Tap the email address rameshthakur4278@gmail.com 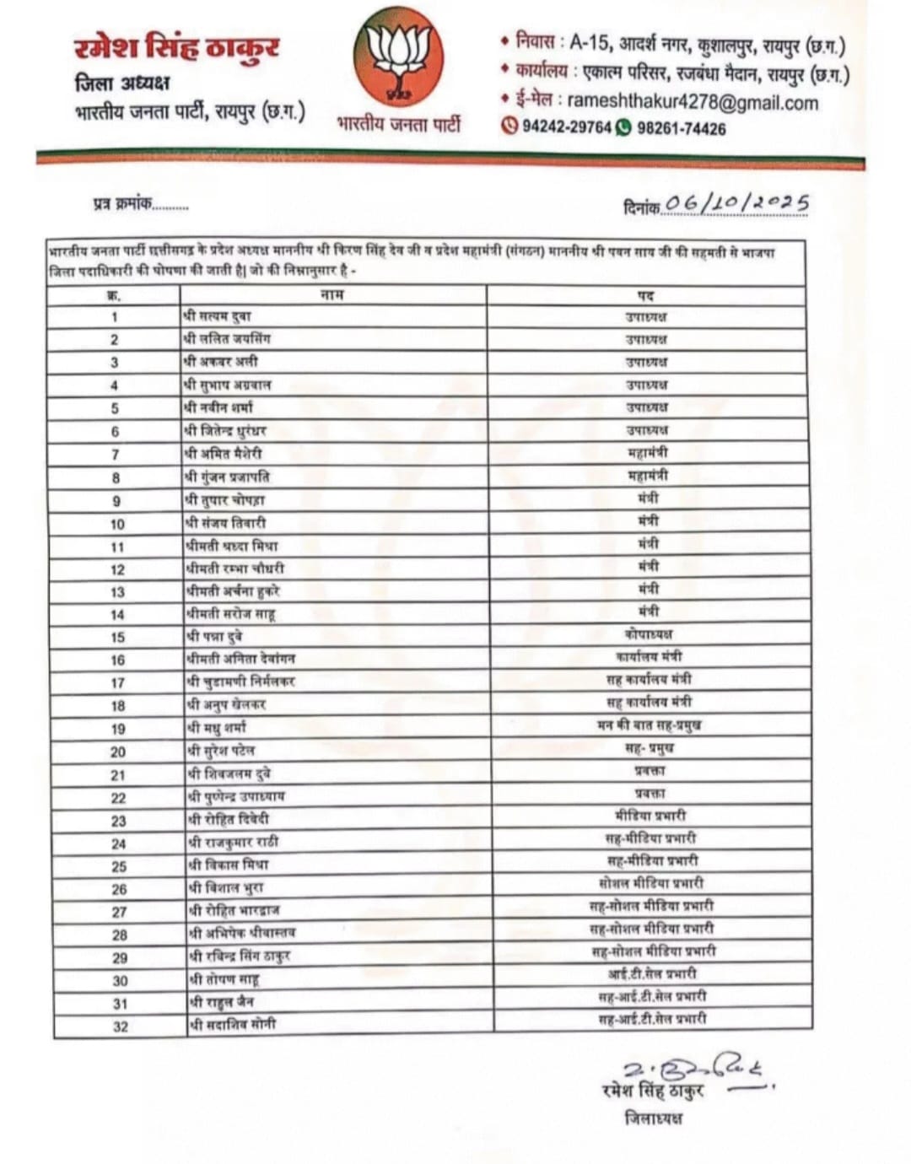point(692,103)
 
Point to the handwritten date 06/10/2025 point(736,203)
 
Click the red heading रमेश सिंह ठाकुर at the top point(176,48)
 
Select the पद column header point(645,295)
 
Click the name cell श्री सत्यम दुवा point(217,316)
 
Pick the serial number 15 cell point(117,638)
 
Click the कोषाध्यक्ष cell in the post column point(648,634)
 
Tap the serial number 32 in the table point(121,1027)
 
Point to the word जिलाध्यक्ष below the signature point(653,1118)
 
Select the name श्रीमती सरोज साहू point(229,613)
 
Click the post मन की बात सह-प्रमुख point(649,725)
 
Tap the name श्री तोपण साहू point(223,979)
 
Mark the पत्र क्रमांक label point(122,203)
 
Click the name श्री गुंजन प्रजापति point(227,477)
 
